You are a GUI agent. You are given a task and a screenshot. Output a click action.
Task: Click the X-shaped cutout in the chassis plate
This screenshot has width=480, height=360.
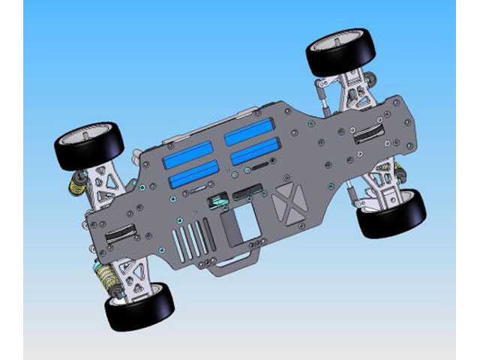288,199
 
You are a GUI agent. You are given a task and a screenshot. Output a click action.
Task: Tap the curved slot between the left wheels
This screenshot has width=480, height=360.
121,232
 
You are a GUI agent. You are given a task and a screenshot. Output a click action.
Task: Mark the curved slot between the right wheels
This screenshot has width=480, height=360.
367,136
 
